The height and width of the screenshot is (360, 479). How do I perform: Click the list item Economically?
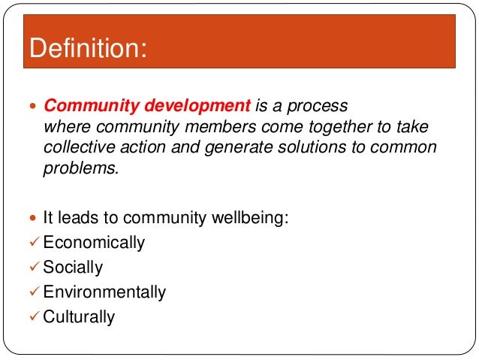94,243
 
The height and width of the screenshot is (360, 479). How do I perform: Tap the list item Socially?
73,268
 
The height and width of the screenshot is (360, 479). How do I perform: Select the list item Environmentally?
104,292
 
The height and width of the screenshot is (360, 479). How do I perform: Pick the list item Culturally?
79,316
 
